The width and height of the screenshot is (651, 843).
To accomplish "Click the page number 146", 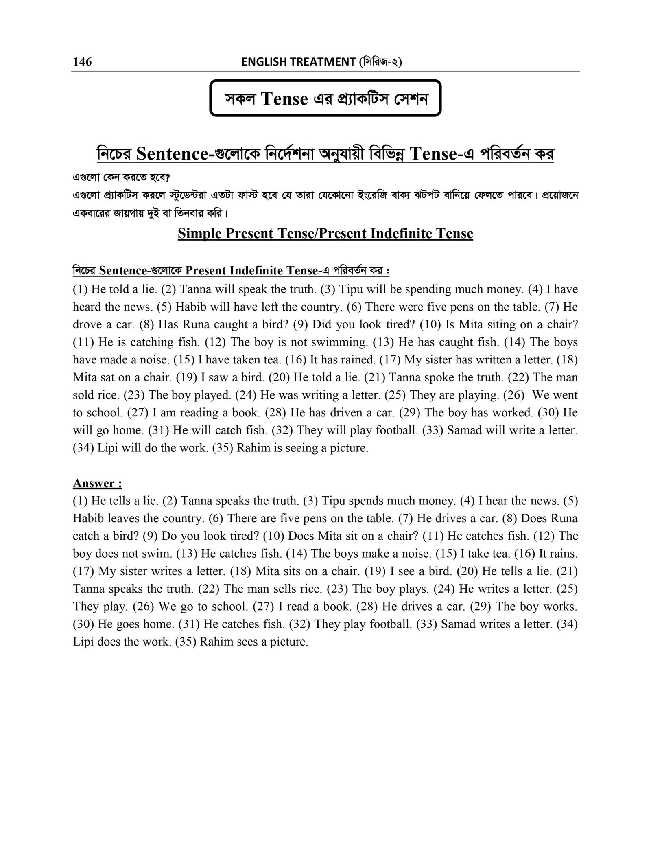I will [83, 61].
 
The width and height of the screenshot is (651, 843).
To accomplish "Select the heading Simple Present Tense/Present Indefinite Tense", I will [325, 234].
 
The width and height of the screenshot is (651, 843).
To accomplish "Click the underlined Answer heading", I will [97, 483].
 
